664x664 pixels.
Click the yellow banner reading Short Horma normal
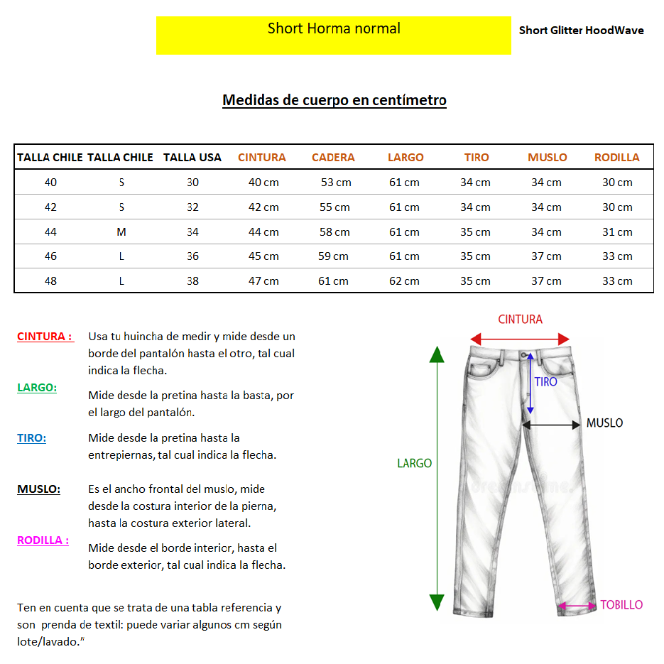click(x=333, y=35)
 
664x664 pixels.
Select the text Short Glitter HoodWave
click(x=581, y=31)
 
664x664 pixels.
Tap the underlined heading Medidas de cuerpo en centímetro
click(x=334, y=100)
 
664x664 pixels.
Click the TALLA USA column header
click(x=192, y=158)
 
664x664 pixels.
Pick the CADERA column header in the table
click(x=333, y=158)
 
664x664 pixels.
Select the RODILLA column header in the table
click(x=616, y=158)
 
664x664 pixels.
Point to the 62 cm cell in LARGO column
click(x=404, y=281)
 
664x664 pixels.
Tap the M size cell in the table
click(x=121, y=232)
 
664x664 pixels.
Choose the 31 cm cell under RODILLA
click(x=617, y=232)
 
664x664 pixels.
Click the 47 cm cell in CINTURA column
click(x=263, y=281)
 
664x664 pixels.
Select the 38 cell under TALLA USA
click(x=192, y=281)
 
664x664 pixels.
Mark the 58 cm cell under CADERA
click(x=335, y=232)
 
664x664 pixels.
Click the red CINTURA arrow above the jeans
click(x=520, y=339)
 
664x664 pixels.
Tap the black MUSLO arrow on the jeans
click(x=552, y=425)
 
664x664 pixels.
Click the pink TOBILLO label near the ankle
click(x=621, y=605)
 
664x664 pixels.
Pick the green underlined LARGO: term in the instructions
click(x=37, y=388)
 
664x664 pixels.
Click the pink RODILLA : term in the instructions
click(x=43, y=540)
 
